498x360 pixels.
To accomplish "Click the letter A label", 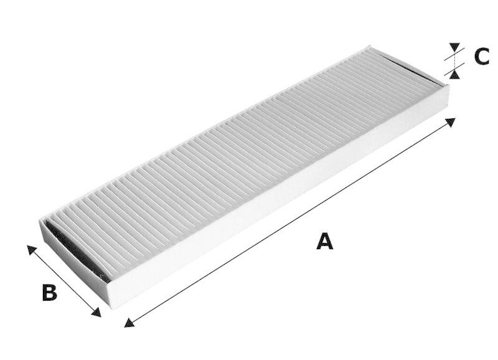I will click(324, 241).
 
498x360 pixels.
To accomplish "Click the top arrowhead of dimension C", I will click(455, 47).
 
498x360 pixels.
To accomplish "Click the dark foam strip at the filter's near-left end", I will click(75, 249).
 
